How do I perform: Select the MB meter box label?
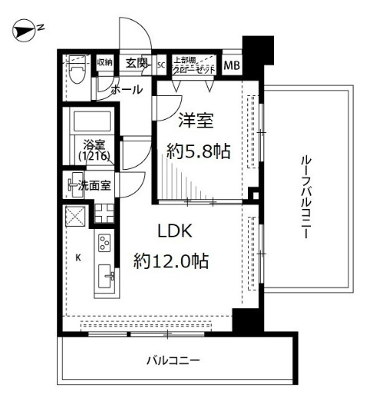tap(232, 65)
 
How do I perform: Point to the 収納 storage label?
tap(104, 62)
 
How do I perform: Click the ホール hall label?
tap(127, 90)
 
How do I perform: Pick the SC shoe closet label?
tap(161, 65)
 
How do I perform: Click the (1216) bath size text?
tap(94, 156)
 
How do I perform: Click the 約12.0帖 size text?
tap(171, 260)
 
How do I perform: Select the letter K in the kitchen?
tap(78, 258)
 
